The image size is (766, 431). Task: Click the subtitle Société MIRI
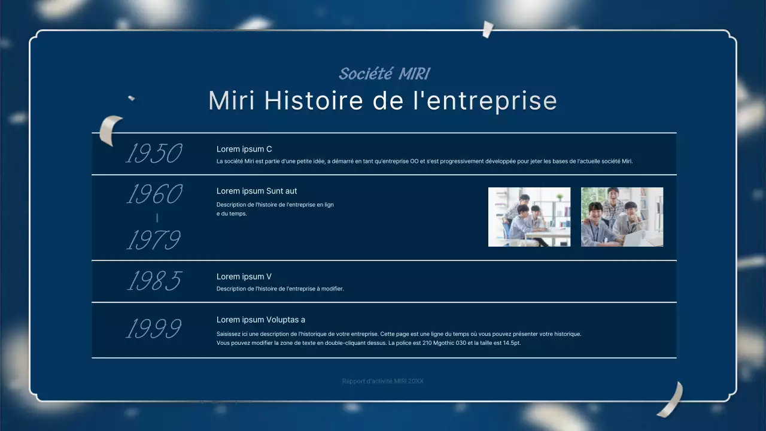(x=384, y=74)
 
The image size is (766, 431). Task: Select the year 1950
(x=154, y=154)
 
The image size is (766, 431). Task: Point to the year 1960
(x=154, y=195)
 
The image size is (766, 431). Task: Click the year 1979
(x=154, y=241)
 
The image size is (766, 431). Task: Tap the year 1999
(x=154, y=329)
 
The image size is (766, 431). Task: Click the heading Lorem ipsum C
(x=244, y=149)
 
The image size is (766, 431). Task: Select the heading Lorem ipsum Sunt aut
(x=257, y=191)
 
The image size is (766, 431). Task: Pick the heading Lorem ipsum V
(x=244, y=277)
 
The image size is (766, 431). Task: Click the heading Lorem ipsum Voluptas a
(x=261, y=320)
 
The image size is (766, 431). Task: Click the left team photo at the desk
(x=529, y=217)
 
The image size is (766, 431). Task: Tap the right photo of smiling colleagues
(x=622, y=217)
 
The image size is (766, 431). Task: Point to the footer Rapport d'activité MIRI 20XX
(x=382, y=381)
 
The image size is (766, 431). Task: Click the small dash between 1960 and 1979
(x=157, y=218)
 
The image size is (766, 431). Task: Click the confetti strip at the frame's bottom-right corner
(x=671, y=400)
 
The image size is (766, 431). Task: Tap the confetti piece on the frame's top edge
(x=488, y=29)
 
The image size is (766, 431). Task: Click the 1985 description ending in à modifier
(x=280, y=289)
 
